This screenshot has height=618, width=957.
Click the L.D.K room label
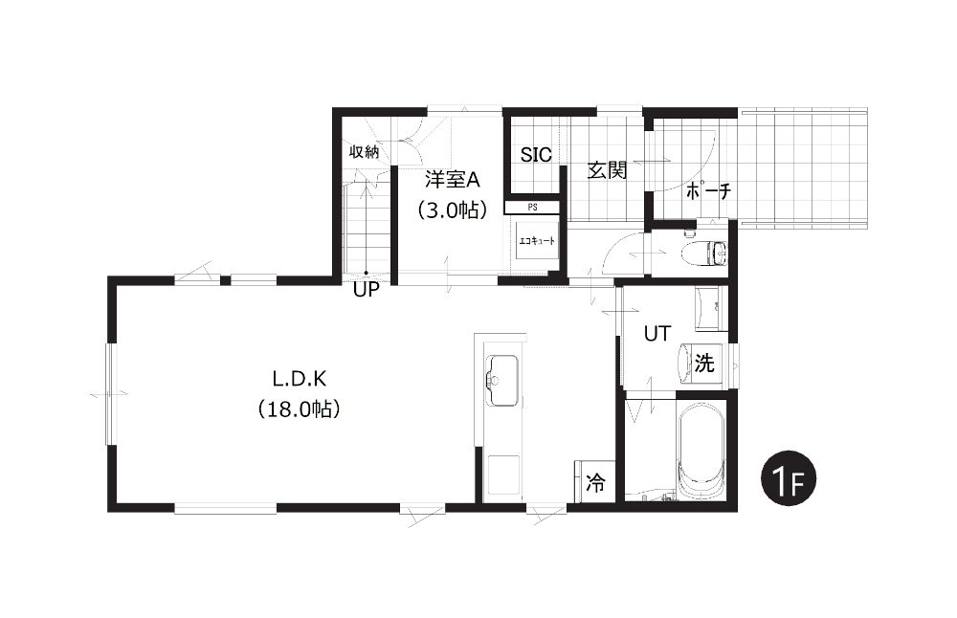[x=299, y=380]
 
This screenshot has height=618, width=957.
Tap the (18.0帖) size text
[x=299, y=408]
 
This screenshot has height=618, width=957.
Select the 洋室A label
[x=453, y=180]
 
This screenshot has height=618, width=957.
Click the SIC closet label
[x=536, y=155]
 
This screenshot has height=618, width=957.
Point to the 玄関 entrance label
[x=608, y=170]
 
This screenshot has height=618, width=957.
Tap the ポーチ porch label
[x=708, y=191]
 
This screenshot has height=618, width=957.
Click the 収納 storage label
[x=365, y=152]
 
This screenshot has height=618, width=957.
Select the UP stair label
[x=367, y=290]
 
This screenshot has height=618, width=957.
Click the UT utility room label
[x=657, y=334]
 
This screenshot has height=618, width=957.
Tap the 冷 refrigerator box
[x=595, y=481]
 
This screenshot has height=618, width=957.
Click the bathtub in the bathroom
[x=701, y=452]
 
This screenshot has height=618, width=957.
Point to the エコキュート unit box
[x=537, y=241]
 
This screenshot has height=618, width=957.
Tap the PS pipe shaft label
[x=532, y=208]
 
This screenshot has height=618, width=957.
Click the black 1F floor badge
[x=788, y=478]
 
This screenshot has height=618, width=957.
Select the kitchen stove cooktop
[x=503, y=475]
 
